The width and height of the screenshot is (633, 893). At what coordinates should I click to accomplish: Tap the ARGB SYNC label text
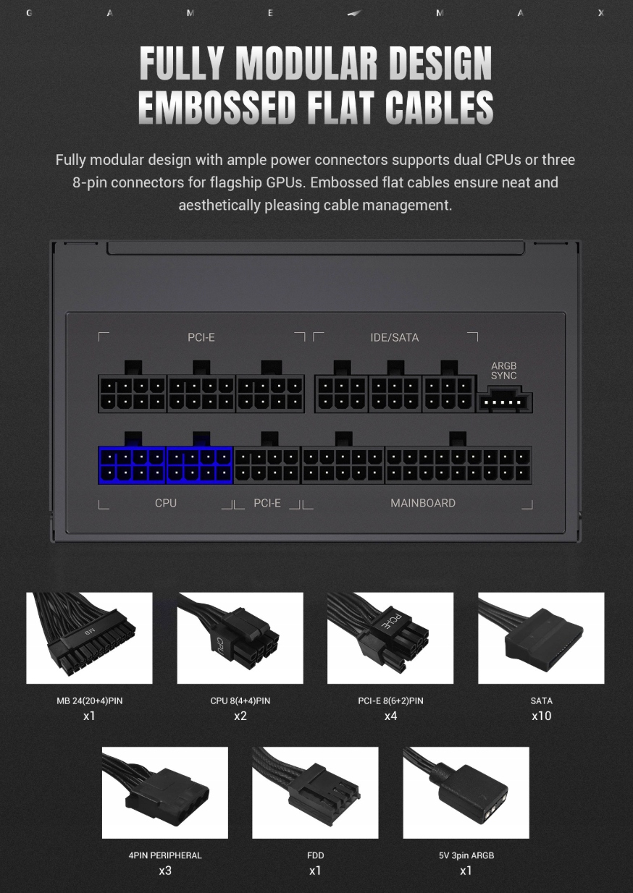point(504,371)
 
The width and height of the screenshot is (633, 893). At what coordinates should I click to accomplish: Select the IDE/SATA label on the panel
point(395,338)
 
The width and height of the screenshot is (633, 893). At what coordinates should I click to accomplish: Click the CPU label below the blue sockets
point(166,503)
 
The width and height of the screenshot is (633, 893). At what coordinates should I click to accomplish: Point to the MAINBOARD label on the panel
point(423,503)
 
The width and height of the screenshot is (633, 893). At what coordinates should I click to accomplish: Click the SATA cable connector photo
point(541,638)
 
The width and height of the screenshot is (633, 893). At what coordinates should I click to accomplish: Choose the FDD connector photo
point(315,792)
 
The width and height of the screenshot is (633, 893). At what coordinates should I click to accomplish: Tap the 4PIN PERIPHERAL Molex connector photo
point(165,792)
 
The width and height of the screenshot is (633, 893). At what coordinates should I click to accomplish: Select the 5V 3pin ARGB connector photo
point(466,792)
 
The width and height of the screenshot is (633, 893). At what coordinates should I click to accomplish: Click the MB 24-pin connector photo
point(89,638)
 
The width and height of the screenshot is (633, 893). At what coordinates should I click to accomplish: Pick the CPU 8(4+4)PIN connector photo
point(240,638)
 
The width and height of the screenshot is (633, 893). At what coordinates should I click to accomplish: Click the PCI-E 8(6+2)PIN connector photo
point(390,638)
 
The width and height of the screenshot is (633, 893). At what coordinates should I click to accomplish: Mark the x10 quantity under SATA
point(541,716)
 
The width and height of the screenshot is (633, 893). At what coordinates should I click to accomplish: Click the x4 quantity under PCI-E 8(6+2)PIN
point(390,716)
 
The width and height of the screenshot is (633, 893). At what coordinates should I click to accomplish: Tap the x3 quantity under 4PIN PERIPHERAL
point(165,871)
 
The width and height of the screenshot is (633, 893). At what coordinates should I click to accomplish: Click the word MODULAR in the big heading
point(306,63)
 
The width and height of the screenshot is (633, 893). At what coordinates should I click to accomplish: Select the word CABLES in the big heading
point(440,106)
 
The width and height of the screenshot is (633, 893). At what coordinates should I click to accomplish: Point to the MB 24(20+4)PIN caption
point(89,701)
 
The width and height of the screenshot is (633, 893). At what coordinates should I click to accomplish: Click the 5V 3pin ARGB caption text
point(466,855)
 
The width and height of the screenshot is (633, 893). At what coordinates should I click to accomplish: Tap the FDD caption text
point(316,855)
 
